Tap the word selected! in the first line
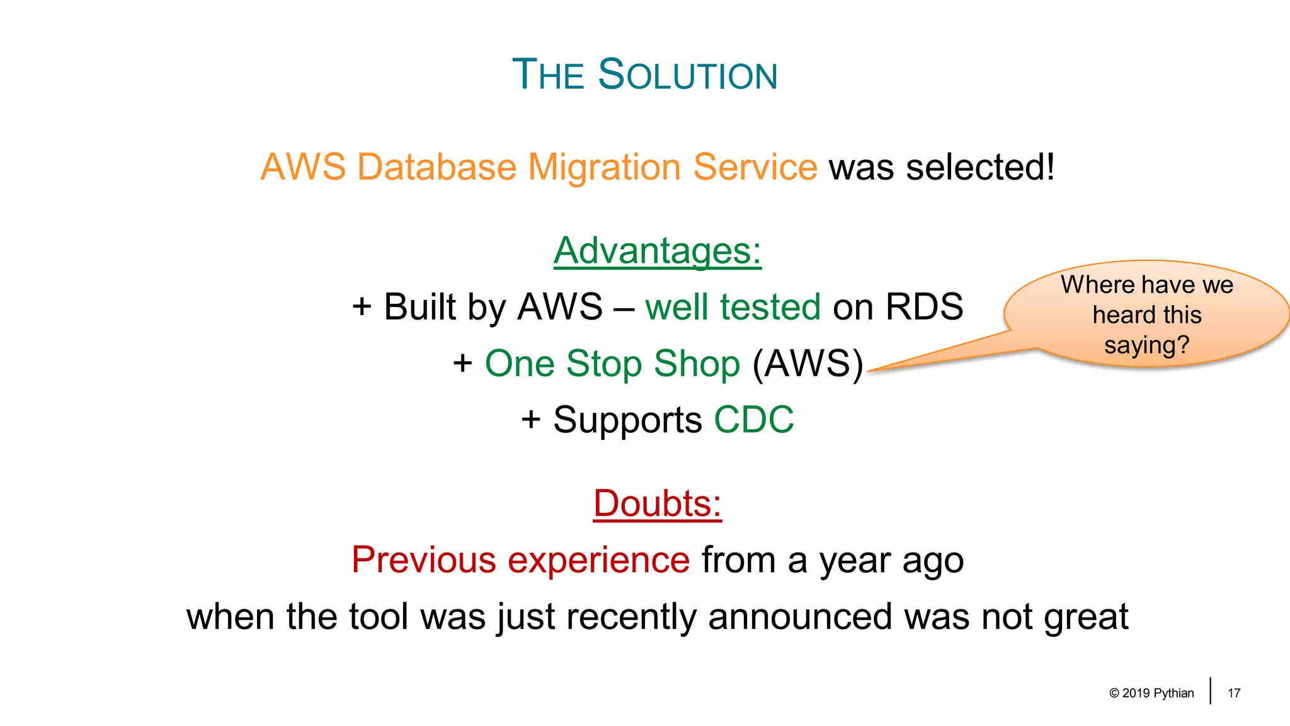980,167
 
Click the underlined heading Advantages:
657,251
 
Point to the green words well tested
733,307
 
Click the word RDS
924,307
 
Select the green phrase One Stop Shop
612,364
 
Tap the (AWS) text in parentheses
808,364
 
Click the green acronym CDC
754,420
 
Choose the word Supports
627,421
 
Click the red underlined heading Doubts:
657,504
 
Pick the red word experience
598,560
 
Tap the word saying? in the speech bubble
1146,345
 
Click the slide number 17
1234,693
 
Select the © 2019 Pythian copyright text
1151,693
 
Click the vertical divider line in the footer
1210,691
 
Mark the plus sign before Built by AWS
362,307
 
